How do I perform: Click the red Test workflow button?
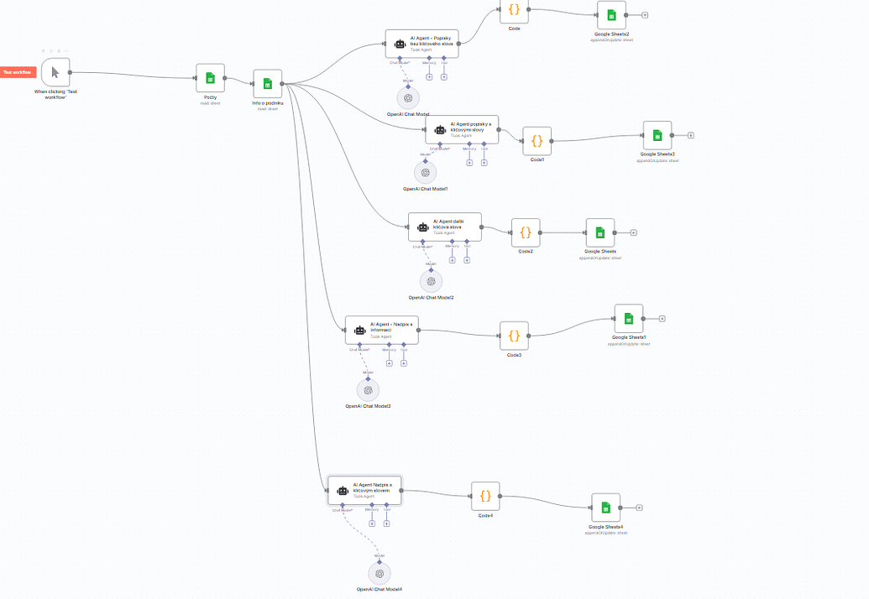[x=17, y=73]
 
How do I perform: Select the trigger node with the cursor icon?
[x=55, y=73]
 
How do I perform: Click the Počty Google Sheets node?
[x=210, y=78]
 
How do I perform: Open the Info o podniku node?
[x=267, y=83]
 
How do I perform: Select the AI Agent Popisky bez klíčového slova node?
[x=422, y=44]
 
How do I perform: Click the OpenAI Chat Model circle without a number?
[x=408, y=97]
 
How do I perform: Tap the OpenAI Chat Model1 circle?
[x=425, y=172]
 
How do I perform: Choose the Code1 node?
[x=537, y=140]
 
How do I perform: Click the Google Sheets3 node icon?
[x=657, y=135]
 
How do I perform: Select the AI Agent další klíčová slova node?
[x=445, y=226]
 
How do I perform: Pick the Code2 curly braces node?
[x=526, y=232]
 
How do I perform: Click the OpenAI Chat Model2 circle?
[x=431, y=281]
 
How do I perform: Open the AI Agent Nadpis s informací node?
[x=381, y=330]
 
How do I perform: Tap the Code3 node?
[x=514, y=336]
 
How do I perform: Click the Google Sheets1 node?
[x=628, y=318]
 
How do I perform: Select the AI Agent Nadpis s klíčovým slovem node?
[x=364, y=491]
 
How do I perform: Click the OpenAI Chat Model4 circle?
[x=380, y=574]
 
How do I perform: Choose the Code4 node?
[x=485, y=496]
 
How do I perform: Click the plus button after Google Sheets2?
[x=645, y=15]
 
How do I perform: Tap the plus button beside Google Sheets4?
[x=639, y=508]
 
